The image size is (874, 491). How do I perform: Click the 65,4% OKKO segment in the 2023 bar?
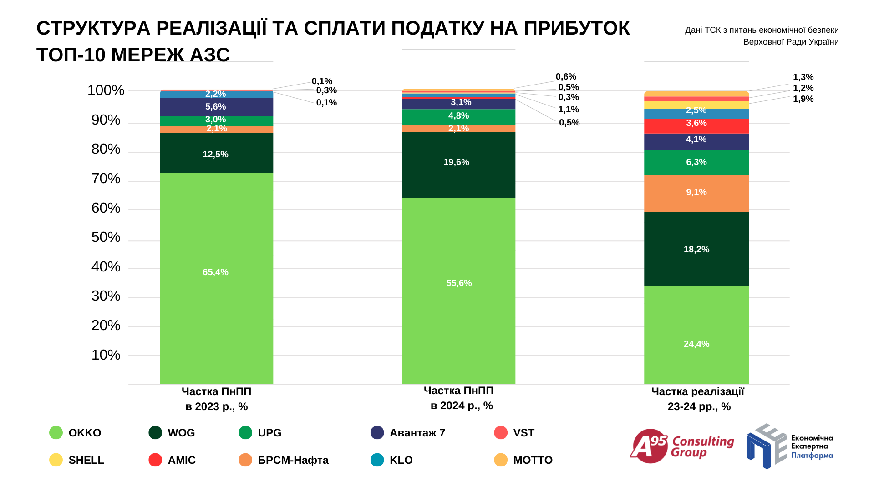coord(216,277)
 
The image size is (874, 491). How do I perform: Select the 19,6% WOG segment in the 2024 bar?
coord(458,165)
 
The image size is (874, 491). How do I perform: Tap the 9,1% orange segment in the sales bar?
coord(696,193)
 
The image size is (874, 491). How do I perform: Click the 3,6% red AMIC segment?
coord(696,125)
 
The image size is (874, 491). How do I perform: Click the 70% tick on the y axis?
coord(106,179)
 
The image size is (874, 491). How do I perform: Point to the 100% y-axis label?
coord(106,90)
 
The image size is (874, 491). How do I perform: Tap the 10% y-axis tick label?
coord(106,355)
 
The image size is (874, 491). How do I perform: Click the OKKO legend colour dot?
coord(56,432)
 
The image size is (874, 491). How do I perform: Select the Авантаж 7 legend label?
coord(417,433)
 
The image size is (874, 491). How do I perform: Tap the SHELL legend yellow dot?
coord(56,460)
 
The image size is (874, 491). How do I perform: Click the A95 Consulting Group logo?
coord(681,446)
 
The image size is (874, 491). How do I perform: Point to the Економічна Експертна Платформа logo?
coord(789,446)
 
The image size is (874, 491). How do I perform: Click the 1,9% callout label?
coord(803,99)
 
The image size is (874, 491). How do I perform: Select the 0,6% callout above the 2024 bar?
coord(566,77)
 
